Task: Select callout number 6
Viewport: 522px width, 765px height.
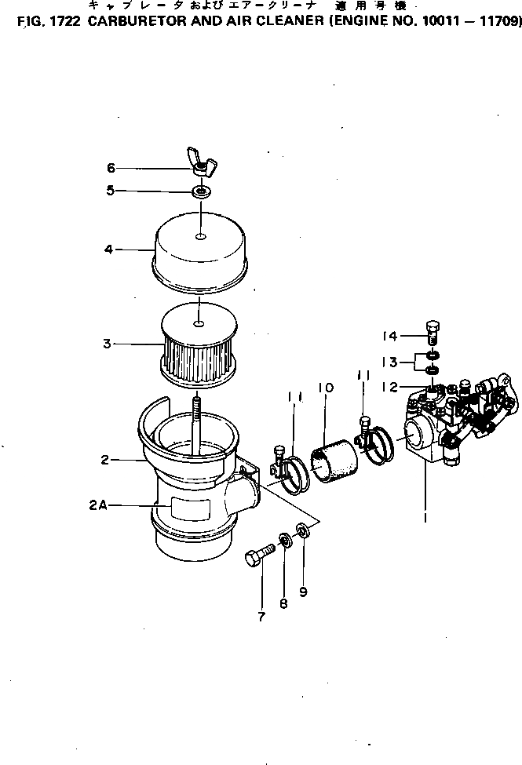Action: [111, 167]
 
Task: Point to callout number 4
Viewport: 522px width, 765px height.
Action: [109, 250]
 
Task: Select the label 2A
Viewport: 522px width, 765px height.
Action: [98, 507]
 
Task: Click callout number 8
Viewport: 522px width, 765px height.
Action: [283, 603]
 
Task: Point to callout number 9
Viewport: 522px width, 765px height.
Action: [303, 592]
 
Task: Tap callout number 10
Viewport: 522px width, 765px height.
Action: [326, 388]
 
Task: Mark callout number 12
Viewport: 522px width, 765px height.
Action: [391, 386]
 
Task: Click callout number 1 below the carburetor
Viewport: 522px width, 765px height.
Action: [425, 519]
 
